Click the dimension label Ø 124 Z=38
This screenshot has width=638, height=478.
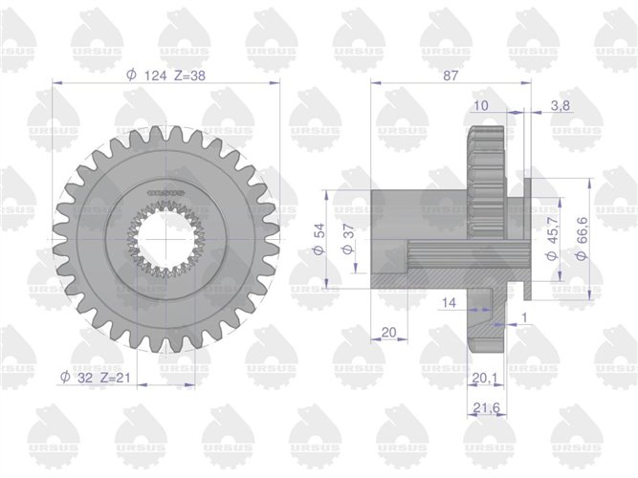pyautogui.click(x=166, y=76)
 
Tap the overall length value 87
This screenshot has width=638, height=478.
pyautogui.click(x=451, y=76)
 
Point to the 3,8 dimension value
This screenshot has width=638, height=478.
pyautogui.click(x=561, y=106)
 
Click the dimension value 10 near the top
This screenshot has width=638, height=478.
pyautogui.click(x=480, y=106)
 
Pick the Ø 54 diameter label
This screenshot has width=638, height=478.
pyautogui.click(x=319, y=238)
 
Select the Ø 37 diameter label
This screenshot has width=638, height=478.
pyautogui.click(x=348, y=238)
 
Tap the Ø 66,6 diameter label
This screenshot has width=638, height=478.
pyautogui.click(x=582, y=238)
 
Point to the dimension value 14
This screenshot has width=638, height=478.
pyautogui.click(x=449, y=302)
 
